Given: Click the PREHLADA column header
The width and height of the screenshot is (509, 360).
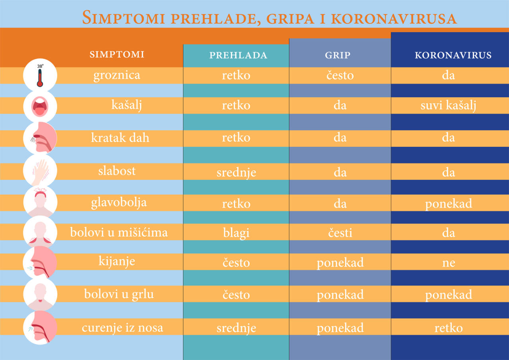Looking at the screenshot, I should pos(238,55).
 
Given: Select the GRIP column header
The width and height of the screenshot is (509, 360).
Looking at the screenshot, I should pos(338,55).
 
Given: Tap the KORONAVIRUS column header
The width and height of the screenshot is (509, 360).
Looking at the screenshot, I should pos(453,55).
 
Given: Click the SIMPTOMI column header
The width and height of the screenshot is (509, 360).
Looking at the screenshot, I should pos(117,54).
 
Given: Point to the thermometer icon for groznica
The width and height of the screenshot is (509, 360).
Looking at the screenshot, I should pos(40,75).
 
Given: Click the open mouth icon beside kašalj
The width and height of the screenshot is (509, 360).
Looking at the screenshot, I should pos(40,106).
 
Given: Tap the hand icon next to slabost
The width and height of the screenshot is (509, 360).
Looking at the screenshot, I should pos(40,170).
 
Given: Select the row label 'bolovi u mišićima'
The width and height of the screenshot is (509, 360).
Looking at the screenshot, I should pos(119,232).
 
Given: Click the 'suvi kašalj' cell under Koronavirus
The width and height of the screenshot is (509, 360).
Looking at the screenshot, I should pos(449,105).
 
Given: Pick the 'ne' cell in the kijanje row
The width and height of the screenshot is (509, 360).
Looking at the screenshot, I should pos(449,263).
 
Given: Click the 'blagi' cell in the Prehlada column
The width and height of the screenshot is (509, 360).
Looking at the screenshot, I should pos(236,233).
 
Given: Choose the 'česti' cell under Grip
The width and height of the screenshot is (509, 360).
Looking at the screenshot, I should pos(340,233).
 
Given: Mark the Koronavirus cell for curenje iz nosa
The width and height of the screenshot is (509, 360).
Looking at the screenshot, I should pos(449,328).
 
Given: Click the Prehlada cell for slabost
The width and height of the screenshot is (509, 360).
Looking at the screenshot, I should pos(236,172).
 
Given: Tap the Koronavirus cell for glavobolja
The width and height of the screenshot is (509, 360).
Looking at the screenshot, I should pos(449,204).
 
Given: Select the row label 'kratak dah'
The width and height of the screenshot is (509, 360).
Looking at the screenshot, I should pos(120,138).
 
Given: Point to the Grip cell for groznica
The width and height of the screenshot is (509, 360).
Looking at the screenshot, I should pos(340,75).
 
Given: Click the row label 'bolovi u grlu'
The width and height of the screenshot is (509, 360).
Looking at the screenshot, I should pos(119,294).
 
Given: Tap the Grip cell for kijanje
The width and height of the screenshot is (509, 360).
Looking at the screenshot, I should pos(340,263).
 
